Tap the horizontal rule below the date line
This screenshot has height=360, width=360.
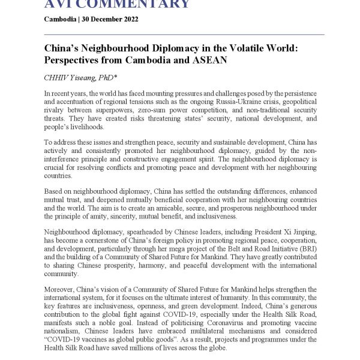pyautogui.click(x=180, y=34)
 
